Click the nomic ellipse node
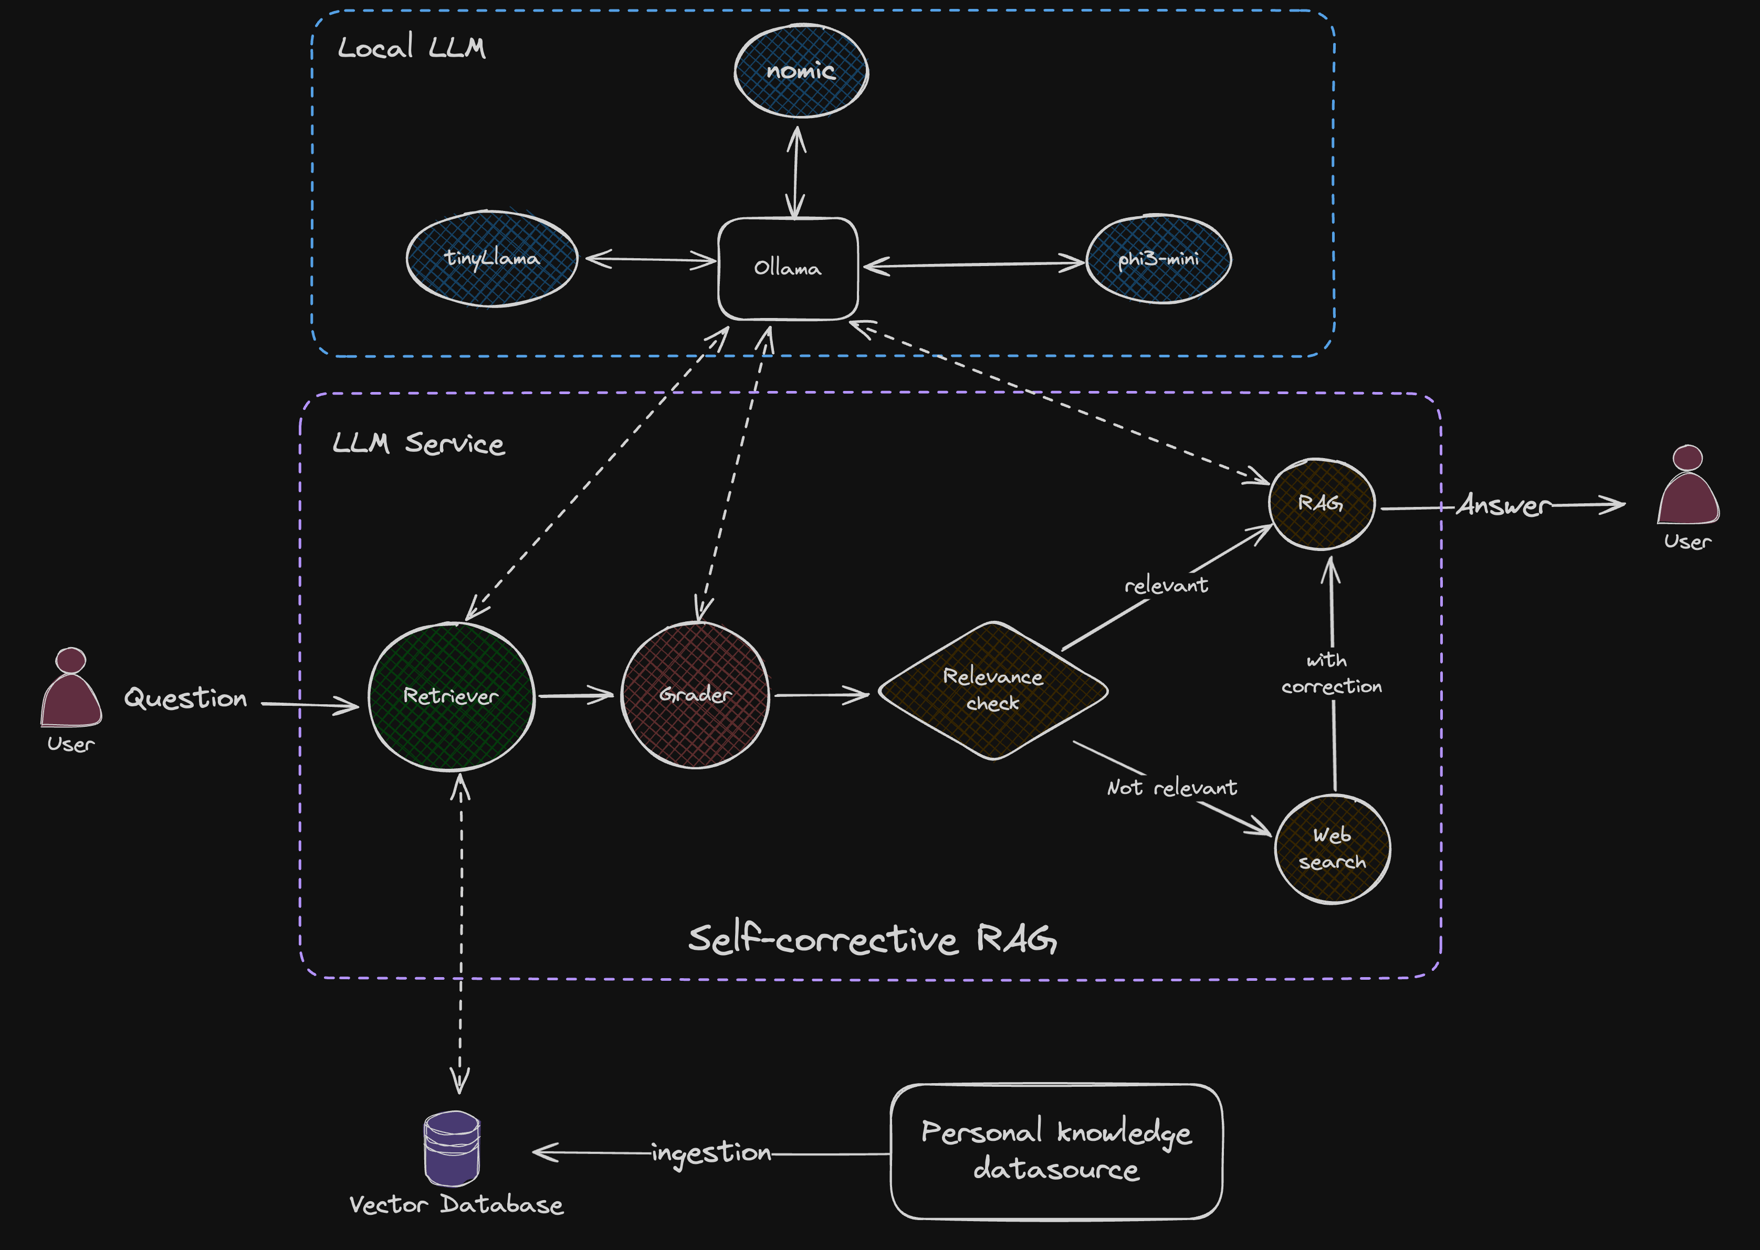(x=801, y=71)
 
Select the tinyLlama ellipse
(x=491, y=259)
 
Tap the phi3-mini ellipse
(x=1158, y=259)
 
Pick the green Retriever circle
(x=451, y=696)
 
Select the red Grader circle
(x=695, y=695)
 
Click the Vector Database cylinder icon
(x=452, y=1148)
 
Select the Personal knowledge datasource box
(x=1056, y=1151)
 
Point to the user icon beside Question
(x=71, y=689)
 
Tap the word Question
(x=185, y=698)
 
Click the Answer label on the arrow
(x=1503, y=506)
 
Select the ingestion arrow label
(x=710, y=1153)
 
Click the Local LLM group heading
(x=411, y=48)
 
